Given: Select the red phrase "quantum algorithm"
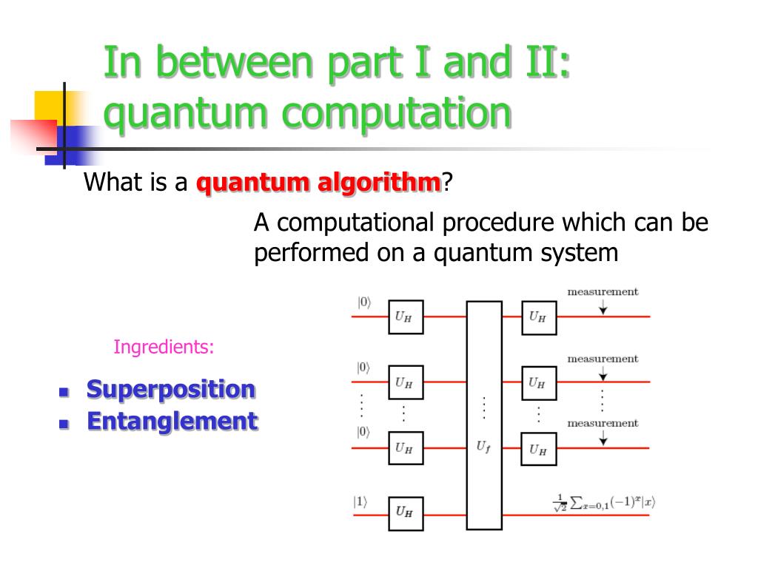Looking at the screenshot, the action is tap(318, 182).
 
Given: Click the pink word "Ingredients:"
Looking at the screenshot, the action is tap(164, 346).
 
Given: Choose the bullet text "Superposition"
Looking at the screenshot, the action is tap(171, 389).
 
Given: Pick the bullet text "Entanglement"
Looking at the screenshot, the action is tap(172, 422).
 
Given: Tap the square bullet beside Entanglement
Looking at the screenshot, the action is tap(64, 425).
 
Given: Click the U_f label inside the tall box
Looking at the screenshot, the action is tap(483, 447).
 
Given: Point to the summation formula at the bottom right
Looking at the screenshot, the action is tap(604, 503).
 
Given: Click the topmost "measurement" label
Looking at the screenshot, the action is tap(603, 291).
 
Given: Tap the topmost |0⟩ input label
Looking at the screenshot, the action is tap(363, 302).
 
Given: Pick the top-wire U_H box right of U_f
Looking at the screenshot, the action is tap(538, 317).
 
